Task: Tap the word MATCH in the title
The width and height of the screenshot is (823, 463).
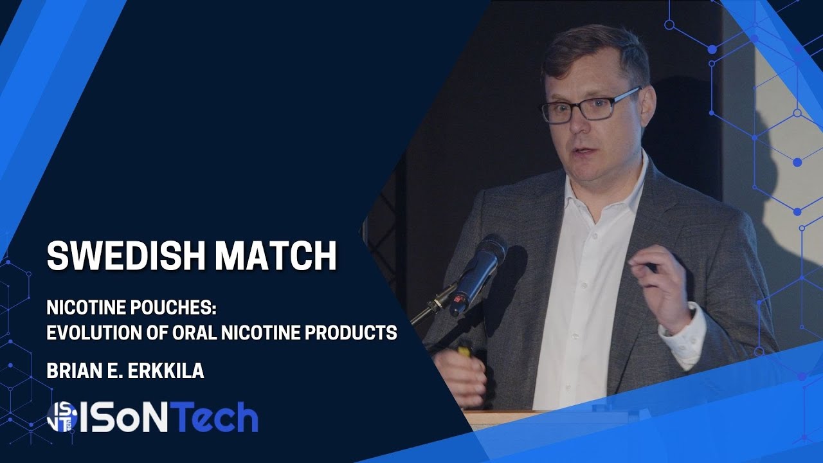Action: pyautogui.click(x=276, y=255)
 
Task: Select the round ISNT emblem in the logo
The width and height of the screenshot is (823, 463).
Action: pyautogui.click(x=62, y=417)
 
